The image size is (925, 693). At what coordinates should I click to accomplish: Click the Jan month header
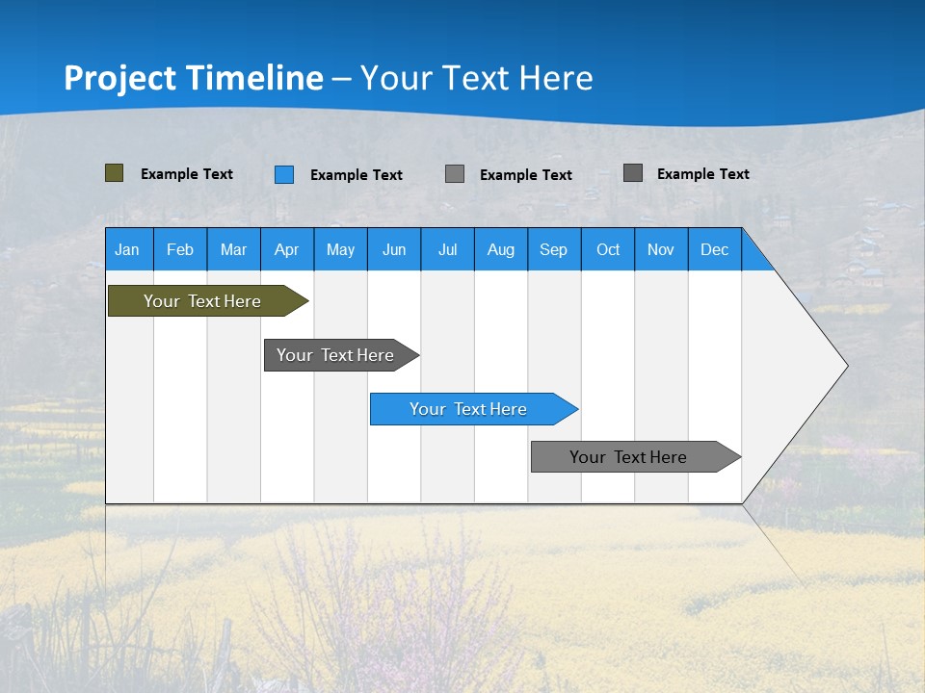(128, 249)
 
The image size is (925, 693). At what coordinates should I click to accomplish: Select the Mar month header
(233, 249)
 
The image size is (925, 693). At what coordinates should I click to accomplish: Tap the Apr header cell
(286, 249)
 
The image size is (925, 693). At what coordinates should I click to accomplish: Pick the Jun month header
(394, 249)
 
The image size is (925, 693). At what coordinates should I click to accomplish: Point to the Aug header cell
(500, 249)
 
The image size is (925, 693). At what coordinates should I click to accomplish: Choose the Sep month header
(553, 249)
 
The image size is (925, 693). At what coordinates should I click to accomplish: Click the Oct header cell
(608, 249)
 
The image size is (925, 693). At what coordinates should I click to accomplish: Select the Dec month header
(714, 249)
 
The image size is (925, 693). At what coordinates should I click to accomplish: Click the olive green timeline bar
(202, 301)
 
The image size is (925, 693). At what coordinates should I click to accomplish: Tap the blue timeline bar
(468, 409)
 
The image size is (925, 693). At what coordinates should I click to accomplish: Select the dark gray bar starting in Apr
(335, 355)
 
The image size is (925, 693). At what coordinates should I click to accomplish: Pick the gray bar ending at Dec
(628, 457)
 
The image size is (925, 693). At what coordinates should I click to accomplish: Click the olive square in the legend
(115, 173)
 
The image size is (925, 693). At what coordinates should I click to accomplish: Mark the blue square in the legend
(284, 174)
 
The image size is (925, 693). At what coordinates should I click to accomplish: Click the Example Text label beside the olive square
(187, 174)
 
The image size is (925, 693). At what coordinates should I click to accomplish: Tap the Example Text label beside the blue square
(357, 175)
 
